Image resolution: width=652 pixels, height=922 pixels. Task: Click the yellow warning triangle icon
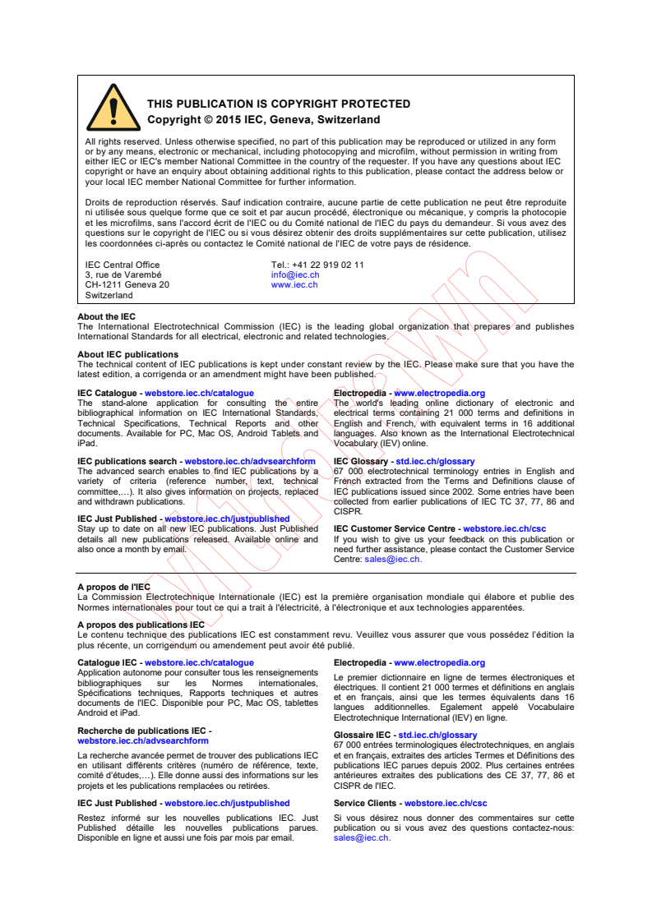pos(113,108)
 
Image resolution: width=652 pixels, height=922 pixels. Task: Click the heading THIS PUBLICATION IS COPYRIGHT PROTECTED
pos(278,104)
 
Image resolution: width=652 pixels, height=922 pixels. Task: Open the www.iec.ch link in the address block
pos(294,285)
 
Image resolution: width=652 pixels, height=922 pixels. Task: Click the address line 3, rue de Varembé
pos(123,275)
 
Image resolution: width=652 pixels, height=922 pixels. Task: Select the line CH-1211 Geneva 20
pos(127,285)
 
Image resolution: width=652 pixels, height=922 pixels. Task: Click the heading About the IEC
pos(107,317)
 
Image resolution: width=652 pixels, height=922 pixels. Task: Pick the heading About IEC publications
pos(127,355)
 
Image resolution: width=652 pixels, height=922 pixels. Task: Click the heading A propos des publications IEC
pos(141,625)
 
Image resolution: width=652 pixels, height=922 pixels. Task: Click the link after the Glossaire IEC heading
pos(437,735)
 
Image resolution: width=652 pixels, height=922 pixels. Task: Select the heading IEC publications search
pos(127,463)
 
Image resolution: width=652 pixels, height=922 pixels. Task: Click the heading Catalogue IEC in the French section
pos(108,663)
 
